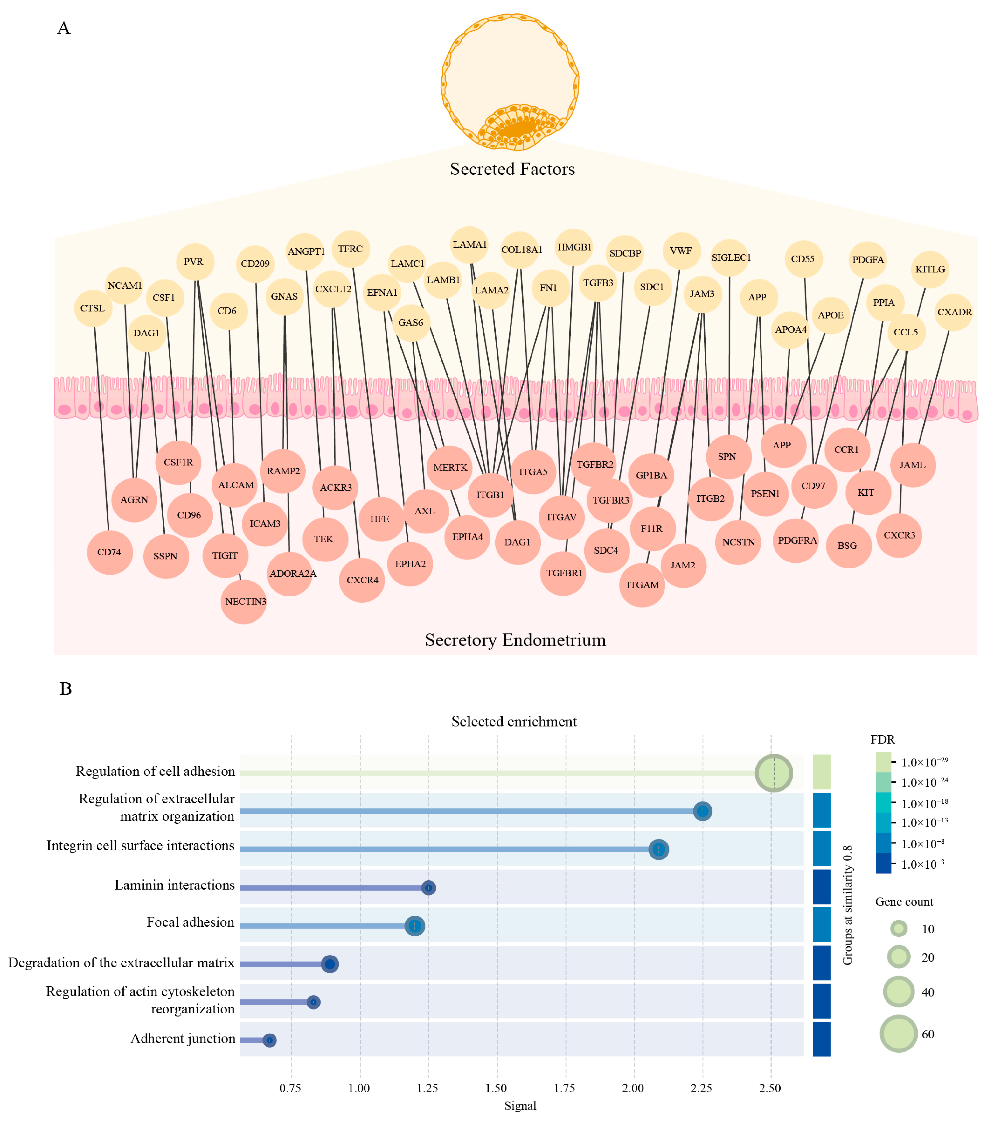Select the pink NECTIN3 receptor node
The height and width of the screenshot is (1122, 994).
point(245,602)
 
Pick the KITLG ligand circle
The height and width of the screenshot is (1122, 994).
point(930,270)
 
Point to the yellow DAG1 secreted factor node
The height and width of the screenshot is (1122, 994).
point(146,333)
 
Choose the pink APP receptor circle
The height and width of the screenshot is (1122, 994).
point(782,445)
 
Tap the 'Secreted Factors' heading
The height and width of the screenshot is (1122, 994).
point(512,169)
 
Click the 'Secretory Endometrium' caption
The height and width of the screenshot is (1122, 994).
point(515,640)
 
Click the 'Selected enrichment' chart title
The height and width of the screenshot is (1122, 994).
point(514,721)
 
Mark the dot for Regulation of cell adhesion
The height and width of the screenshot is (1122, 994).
point(774,773)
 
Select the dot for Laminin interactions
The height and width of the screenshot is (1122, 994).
point(428,888)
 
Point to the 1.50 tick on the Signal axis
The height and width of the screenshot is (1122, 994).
point(497,1089)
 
